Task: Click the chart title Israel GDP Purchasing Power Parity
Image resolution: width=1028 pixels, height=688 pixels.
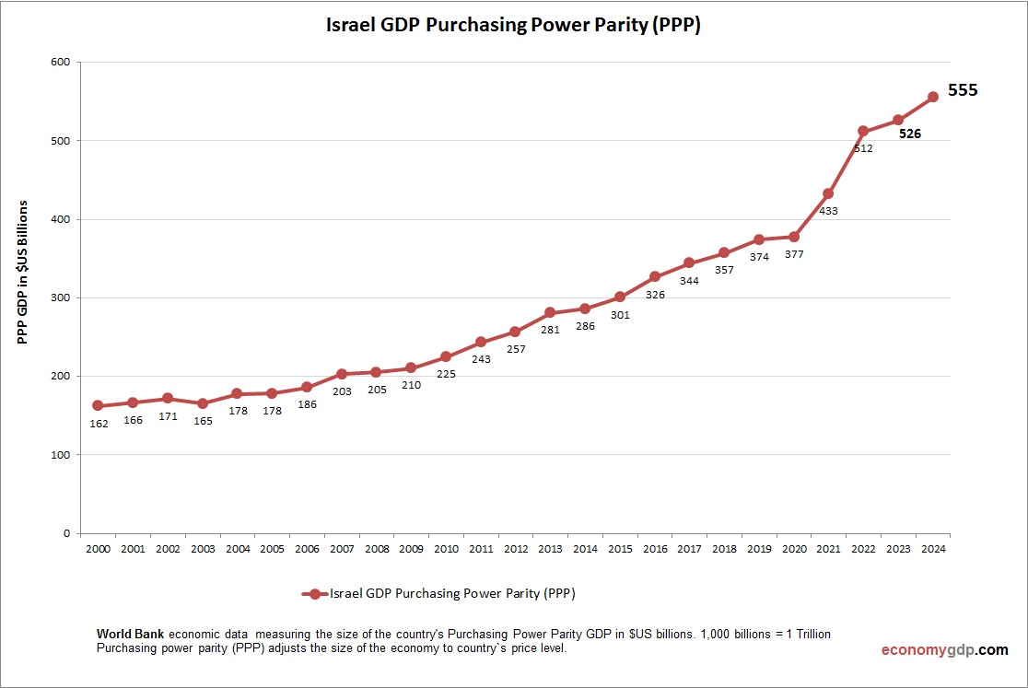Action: (x=513, y=26)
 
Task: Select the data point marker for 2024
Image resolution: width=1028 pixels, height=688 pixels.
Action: (x=932, y=97)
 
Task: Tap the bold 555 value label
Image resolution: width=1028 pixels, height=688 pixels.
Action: (x=963, y=90)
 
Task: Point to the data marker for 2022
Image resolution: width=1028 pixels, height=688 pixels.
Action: (x=863, y=131)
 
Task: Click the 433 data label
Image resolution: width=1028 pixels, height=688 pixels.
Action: (x=828, y=211)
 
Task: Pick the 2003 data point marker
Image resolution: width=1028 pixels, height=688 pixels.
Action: (x=202, y=403)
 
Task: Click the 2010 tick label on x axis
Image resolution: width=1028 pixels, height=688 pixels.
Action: (x=446, y=549)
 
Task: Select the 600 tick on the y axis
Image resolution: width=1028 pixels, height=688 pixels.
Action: (x=61, y=63)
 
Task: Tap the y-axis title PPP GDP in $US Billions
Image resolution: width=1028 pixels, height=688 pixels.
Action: (x=23, y=272)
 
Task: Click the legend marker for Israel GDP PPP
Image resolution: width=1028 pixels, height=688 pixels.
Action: (x=315, y=594)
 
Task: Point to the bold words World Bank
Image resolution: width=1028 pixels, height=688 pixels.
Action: (x=130, y=635)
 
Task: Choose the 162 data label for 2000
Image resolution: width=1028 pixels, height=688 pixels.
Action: (x=98, y=424)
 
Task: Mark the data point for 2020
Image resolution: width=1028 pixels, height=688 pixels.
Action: (x=793, y=237)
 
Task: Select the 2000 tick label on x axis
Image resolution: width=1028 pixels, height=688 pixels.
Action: (x=98, y=549)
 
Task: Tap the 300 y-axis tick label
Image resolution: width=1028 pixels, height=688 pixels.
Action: (x=61, y=297)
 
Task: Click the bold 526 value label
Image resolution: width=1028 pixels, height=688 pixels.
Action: (x=910, y=134)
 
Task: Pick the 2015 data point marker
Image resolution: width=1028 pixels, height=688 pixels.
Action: (x=620, y=297)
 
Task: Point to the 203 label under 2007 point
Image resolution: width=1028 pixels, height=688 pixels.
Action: (x=341, y=391)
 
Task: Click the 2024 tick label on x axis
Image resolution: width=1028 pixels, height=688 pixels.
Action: (x=932, y=549)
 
